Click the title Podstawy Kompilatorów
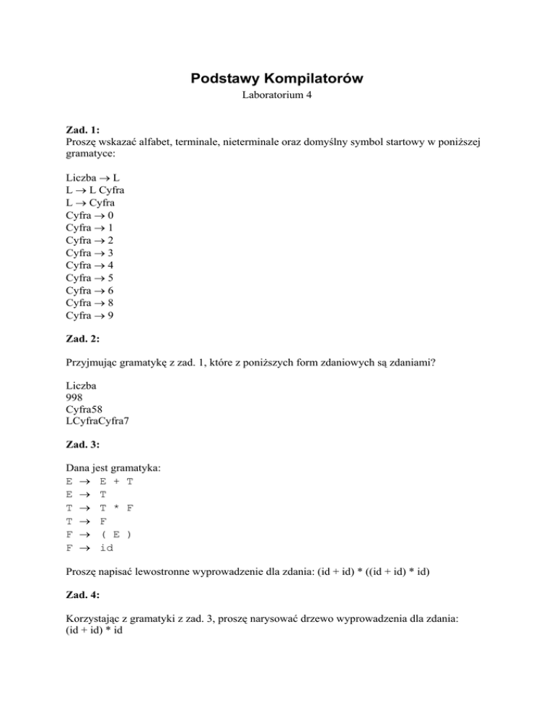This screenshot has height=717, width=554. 277,78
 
